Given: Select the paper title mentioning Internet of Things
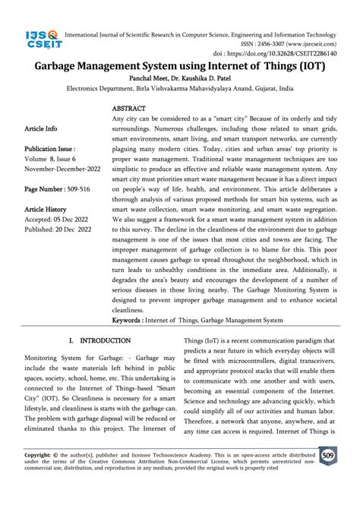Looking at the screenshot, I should pos(179,68).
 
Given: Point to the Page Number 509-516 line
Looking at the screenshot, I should pos(54,189).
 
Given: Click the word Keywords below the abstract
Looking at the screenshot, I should pos(128,321).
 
